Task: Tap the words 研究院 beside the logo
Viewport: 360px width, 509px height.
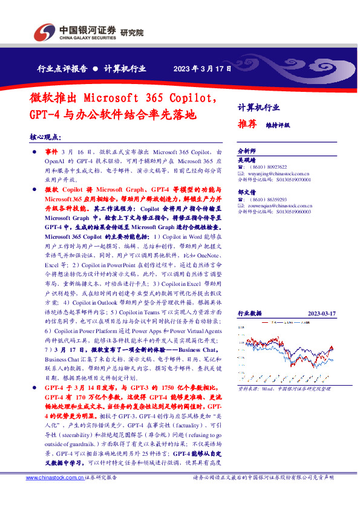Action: pyautogui.click(x=132, y=33)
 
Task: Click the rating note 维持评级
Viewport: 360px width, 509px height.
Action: pyautogui.click(x=278, y=125)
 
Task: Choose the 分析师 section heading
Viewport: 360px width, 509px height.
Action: pyautogui.click(x=246, y=151)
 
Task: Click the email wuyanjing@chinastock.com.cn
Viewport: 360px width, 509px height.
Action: pyautogui.click(x=273, y=173)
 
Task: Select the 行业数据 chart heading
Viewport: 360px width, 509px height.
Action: pyautogui.click(x=250, y=313)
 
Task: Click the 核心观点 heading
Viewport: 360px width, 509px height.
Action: pyautogui.click(x=45, y=138)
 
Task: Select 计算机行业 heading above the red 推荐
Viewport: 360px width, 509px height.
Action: pyautogui.click(x=258, y=108)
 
